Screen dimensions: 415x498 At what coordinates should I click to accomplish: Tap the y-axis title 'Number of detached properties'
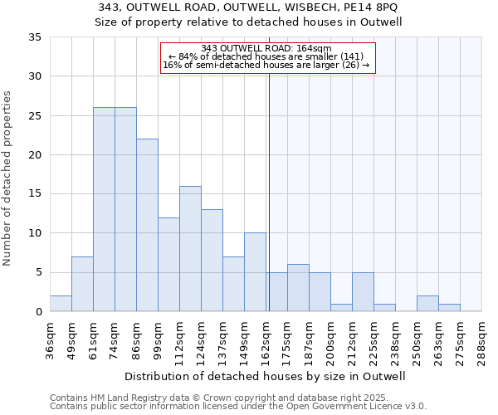[7, 178]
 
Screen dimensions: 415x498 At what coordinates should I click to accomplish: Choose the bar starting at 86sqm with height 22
[147, 225]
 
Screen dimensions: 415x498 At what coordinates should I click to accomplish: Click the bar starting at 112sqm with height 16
[190, 249]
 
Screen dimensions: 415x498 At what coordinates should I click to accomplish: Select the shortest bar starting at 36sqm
[61, 304]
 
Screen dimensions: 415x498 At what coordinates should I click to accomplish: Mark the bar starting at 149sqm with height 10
[255, 272]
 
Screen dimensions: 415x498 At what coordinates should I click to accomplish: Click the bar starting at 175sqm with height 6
[298, 288]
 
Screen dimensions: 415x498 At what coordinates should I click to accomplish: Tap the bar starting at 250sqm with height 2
[427, 304]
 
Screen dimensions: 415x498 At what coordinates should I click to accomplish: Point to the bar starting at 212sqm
[363, 292]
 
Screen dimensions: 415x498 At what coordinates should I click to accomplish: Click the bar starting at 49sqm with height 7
[82, 284]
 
